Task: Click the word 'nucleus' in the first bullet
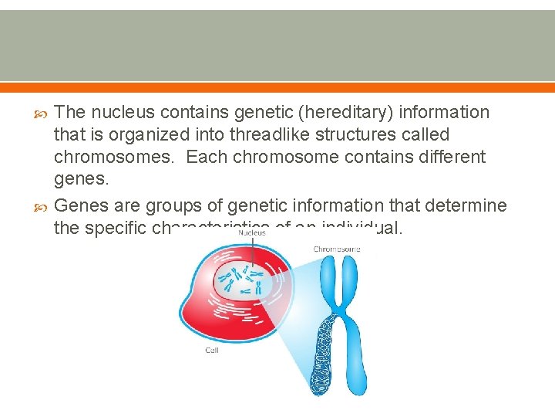point(122,113)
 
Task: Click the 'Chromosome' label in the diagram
point(337,249)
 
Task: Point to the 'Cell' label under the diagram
point(211,350)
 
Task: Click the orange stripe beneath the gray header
point(277,86)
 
